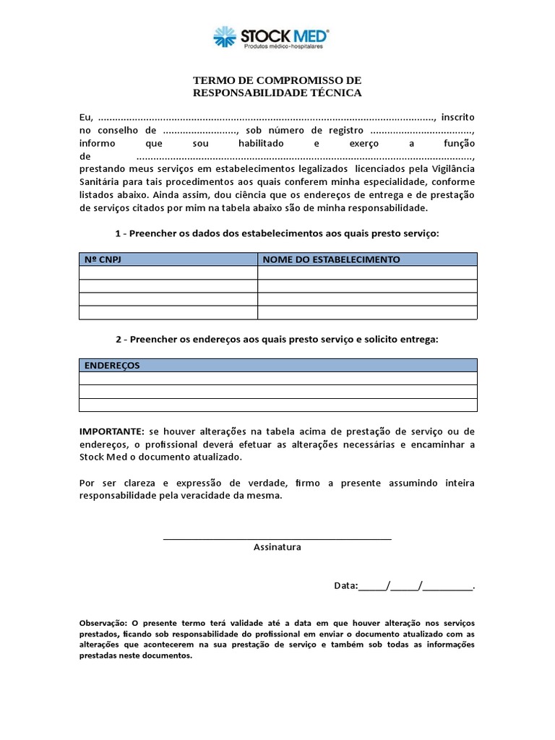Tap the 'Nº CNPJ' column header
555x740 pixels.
(103, 259)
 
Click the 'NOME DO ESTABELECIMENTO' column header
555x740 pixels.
(331, 259)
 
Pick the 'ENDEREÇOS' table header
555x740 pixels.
(113, 366)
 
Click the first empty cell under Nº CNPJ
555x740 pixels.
(168, 272)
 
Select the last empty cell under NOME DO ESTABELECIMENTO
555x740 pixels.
(367, 313)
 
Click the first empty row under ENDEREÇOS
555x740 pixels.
(277, 379)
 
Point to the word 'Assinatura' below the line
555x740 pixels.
(277, 547)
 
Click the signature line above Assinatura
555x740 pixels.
(277, 538)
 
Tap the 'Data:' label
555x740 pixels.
(345, 586)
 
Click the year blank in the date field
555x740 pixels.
(447, 586)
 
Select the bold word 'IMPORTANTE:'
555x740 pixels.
(112, 431)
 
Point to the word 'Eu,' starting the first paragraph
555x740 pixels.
(86, 117)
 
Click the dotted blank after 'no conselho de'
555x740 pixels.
(200, 131)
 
